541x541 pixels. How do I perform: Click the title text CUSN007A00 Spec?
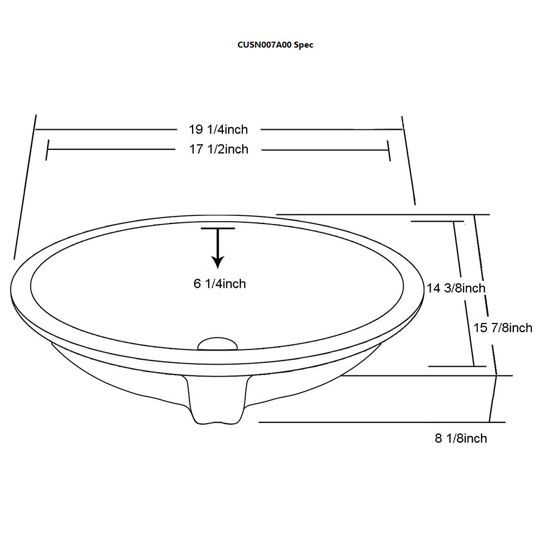[x=275, y=45]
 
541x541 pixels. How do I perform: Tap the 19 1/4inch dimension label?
[x=218, y=129]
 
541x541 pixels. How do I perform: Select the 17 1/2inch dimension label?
[x=219, y=149]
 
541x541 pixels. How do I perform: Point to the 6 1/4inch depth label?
[x=220, y=283]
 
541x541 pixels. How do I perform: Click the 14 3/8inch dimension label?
[x=456, y=288]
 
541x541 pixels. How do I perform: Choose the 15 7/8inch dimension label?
[x=503, y=327]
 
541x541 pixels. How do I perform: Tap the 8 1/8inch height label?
[x=461, y=438]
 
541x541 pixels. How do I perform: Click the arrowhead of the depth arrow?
[x=217, y=262]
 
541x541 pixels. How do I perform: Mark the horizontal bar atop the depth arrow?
[x=217, y=228]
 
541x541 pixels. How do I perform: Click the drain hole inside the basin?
[x=217, y=344]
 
